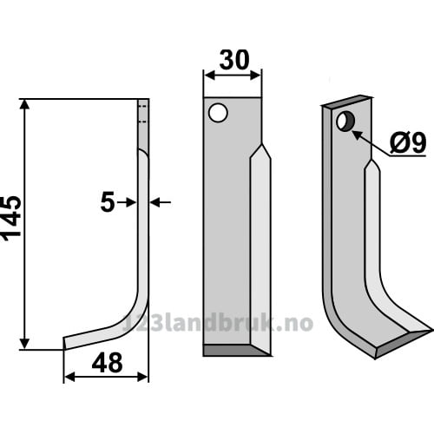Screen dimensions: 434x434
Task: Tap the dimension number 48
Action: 107,364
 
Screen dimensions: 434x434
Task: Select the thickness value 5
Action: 108,203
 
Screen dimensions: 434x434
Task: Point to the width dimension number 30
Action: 234,60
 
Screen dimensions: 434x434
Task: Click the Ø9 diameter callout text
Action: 408,143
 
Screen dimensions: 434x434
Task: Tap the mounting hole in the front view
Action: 218,113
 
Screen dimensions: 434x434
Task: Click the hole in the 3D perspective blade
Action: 345,122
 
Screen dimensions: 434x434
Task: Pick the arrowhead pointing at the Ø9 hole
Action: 358,135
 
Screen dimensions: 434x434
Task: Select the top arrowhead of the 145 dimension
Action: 25,104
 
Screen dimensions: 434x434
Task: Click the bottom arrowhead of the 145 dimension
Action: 25,344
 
